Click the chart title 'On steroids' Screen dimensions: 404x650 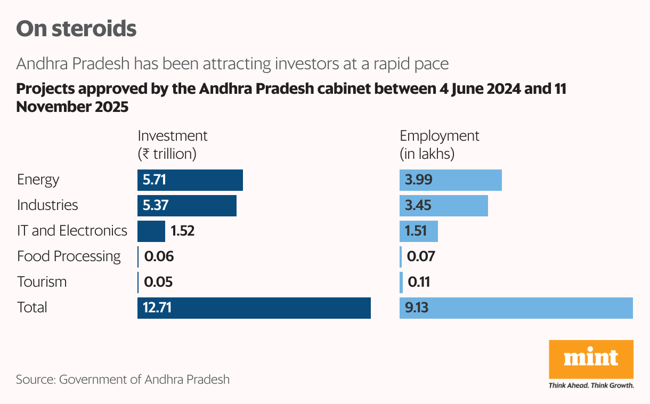(76, 29)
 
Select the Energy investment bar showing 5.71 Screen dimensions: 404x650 (190, 180)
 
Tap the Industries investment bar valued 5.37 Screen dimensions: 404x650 (187, 206)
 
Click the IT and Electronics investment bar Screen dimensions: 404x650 (151, 231)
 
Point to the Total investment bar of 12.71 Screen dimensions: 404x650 (254, 308)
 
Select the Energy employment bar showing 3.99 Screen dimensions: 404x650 (451, 180)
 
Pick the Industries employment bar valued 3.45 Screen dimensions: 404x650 (444, 206)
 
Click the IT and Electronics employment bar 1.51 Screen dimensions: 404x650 (419, 231)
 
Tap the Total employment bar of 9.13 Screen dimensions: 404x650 (516, 308)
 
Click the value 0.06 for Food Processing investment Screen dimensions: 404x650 (159, 257)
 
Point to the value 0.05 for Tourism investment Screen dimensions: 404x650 (158, 282)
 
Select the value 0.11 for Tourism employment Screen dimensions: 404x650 (419, 282)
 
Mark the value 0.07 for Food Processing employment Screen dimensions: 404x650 (421, 257)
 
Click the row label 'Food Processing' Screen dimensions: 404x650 (69, 257)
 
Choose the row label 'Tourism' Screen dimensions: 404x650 (42, 282)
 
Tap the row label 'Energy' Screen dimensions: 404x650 (38, 180)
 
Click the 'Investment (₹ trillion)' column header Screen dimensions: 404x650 (172, 145)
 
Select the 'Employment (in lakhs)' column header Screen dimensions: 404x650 (440, 145)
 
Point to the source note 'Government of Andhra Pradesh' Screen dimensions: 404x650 (123, 380)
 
